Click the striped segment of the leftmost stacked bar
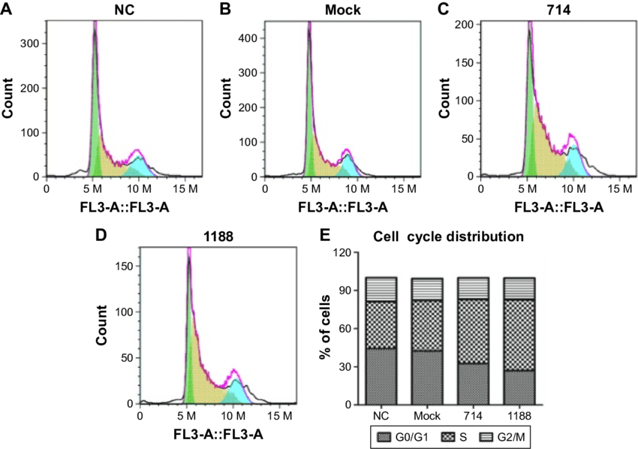coord(381,289)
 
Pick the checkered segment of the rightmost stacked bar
coord(519,335)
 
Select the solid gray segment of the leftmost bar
coord(381,376)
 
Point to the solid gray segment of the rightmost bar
coord(519,387)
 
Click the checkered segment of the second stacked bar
coord(427,325)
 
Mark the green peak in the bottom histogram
coord(188,353)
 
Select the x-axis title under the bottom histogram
coord(209,434)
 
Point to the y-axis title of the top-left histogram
coord(11,98)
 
